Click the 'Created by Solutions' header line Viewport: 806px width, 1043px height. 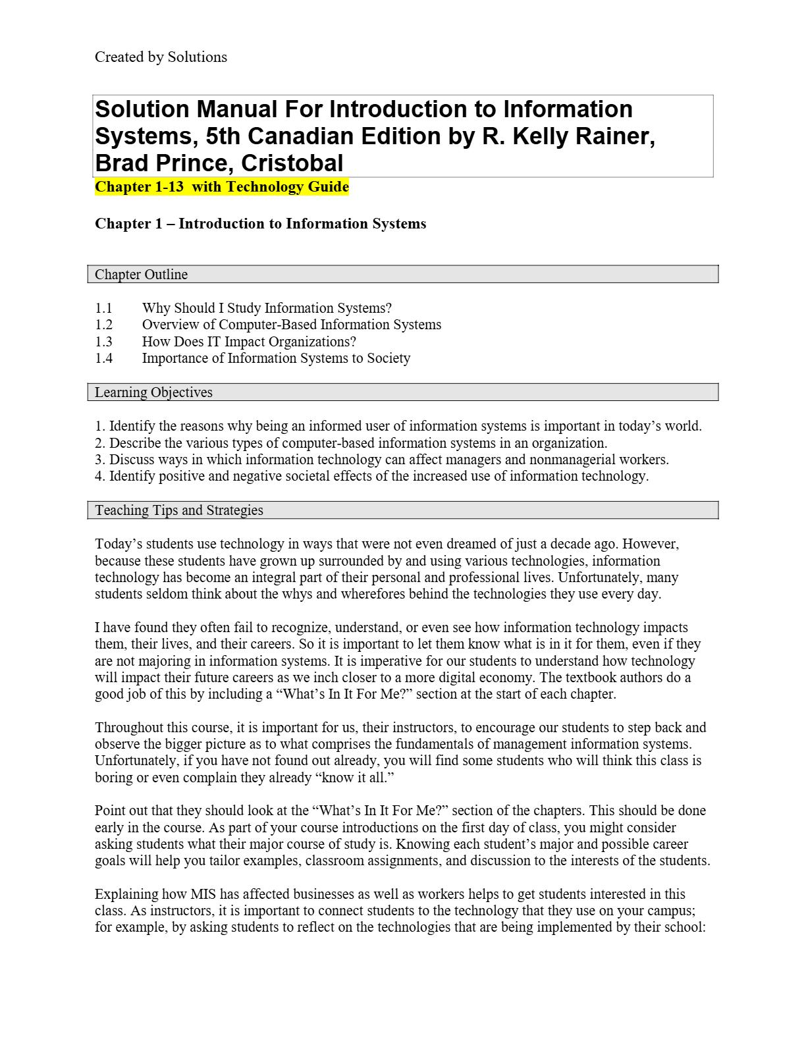(161, 57)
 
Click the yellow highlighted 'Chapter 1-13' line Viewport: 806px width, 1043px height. (222, 187)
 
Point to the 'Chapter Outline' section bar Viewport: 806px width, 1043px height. (402, 275)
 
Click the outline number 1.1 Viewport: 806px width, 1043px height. (104, 308)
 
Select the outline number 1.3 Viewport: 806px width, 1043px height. (104, 342)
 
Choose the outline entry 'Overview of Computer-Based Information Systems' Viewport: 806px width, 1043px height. (291, 325)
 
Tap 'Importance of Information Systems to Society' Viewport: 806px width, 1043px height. (276, 358)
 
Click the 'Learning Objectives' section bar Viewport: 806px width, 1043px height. (402, 392)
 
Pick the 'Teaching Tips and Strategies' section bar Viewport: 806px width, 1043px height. (402, 510)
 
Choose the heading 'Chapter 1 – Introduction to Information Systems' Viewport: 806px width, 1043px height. (260, 224)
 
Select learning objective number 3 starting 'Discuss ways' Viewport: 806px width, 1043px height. (381, 460)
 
